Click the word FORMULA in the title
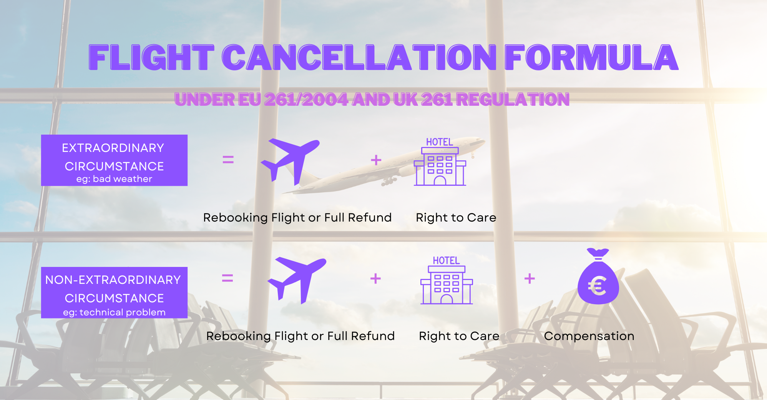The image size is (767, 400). pyautogui.click(x=591, y=57)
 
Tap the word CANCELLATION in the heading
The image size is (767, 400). pyautogui.click(x=359, y=57)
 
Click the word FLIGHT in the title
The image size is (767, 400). pyautogui.click(x=151, y=57)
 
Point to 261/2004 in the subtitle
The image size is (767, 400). pyautogui.click(x=306, y=100)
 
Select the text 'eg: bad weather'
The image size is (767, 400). pyautogui.click(x=114, y=179)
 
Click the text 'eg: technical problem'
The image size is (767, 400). pyautogui.click(x=114, y=312)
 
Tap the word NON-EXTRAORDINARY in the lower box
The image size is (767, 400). pyautogui.click(x=113, y=280)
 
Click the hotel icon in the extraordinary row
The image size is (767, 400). pyautogui.click(x=440, y=162)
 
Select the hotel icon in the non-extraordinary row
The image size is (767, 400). pyautogui.click(x=447, y=280)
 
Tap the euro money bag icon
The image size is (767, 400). pyautogui.click(x=598, y=276)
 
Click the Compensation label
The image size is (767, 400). pyautogui.click(x=589, y=336)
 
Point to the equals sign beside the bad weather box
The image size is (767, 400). pyautogui.click(x=228, y=160)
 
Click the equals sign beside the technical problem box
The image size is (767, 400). pyautogui.click(x=227, y=278)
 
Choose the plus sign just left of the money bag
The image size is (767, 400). pyautogui.click(x=530, y=278)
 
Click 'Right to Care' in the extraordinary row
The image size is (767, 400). pyautogui.click(x=456, y=218)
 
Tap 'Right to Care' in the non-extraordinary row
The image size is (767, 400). pyautogui.click(x=459, y=336)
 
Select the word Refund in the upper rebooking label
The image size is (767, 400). pyautogui.click(x=370, y=218)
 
